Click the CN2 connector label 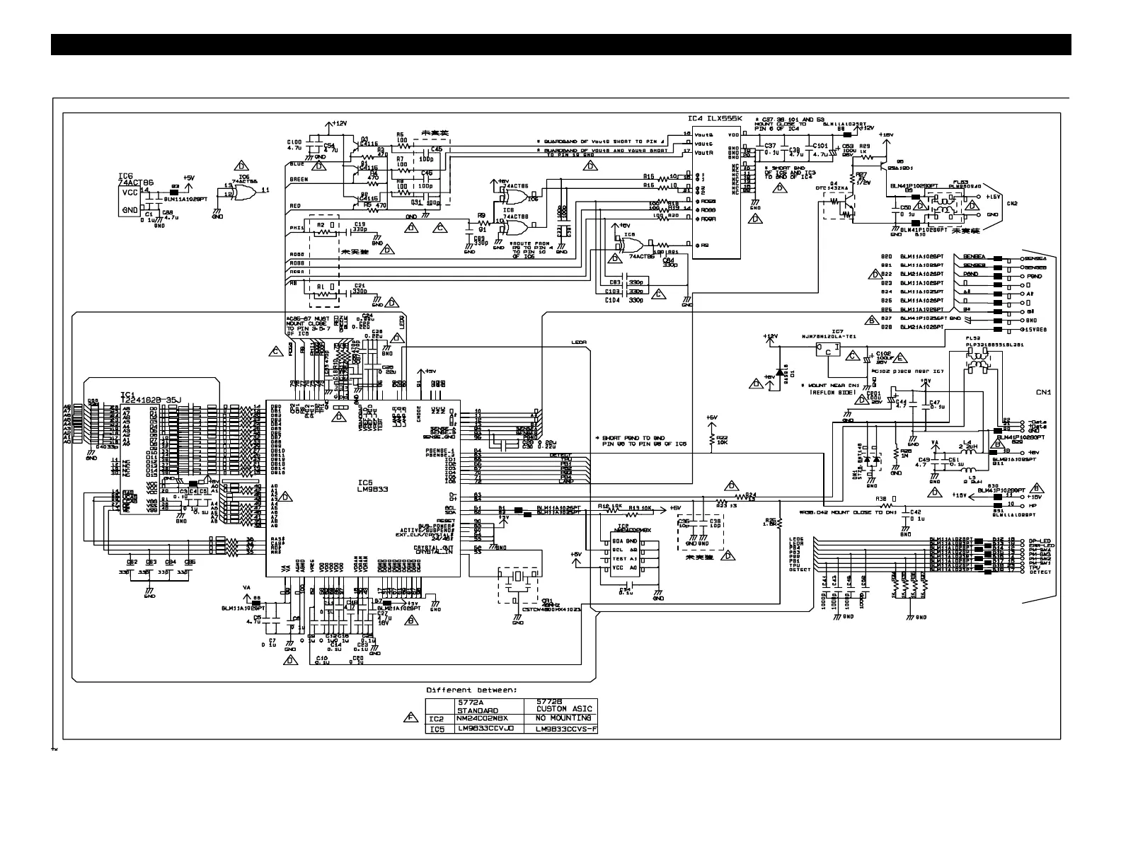(1012, 203)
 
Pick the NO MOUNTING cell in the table (563, 718)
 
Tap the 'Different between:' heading (471, 689)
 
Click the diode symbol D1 (780, 372)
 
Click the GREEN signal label (299, 180)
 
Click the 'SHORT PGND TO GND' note (634, 441)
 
